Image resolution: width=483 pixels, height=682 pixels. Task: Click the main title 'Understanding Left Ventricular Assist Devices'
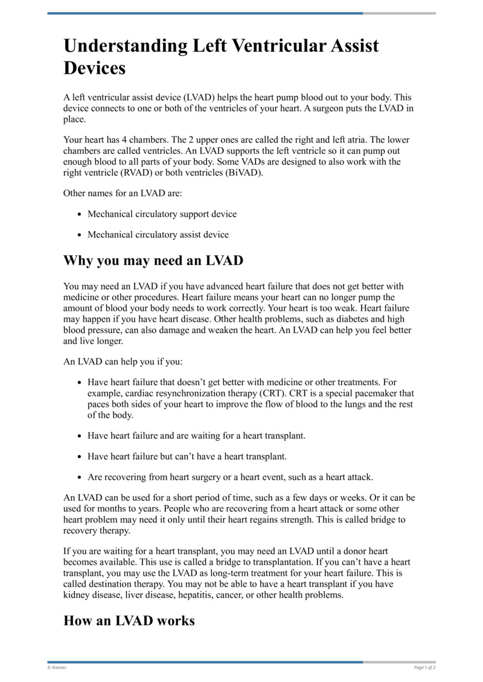point(221,56)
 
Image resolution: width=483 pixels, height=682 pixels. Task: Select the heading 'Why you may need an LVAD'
point(153,261)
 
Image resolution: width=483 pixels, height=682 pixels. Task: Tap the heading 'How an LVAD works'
point(129,620)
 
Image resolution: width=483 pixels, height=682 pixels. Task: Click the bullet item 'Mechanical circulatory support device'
point(162,214)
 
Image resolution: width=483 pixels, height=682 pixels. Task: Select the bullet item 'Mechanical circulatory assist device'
point(158,234)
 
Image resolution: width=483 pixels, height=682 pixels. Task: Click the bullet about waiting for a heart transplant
point(196,435)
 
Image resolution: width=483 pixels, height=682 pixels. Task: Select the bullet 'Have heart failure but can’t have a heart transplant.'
point(187,456)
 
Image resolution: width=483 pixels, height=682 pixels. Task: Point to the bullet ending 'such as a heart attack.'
point(230,477)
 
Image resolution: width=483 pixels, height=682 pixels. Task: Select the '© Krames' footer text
point(57,668)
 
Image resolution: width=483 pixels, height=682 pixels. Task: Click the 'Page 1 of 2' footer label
point(424,668)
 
